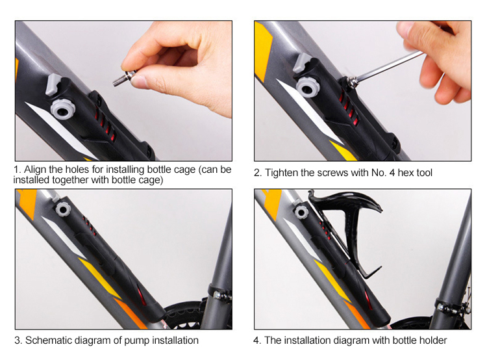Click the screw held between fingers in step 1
[x=124, y=79]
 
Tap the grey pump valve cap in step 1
[x=63, y=109]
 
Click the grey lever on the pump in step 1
[x=53, y=83]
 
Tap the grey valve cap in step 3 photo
[x=63, y=209]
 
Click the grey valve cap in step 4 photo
[x=301, y=212]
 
